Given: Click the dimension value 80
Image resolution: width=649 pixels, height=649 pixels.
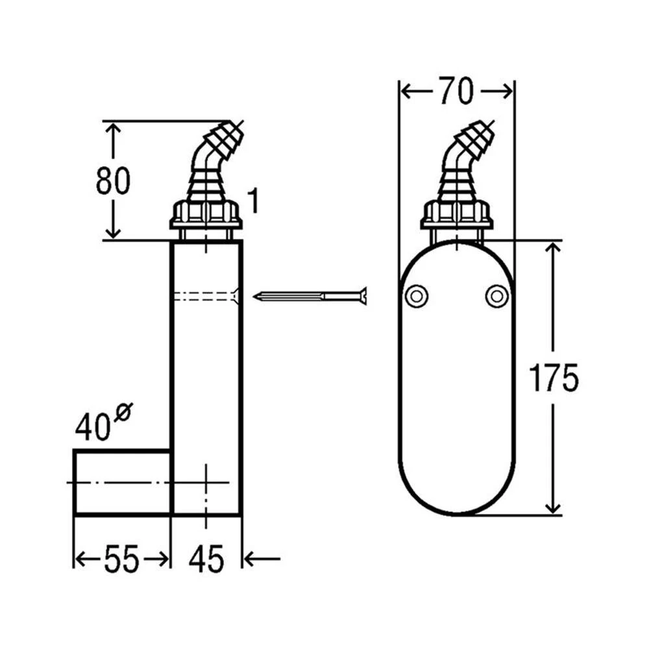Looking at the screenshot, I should pyautogui.click(x=113, y=181).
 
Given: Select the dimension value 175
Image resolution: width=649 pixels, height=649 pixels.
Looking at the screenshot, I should pyautogui.click(x=553, y=378).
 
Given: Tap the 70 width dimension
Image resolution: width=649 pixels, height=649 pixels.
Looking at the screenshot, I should pyautogui.click(x=455, y=92).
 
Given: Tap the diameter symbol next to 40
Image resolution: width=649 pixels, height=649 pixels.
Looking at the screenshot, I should pyautogui.click(x=123, y=413).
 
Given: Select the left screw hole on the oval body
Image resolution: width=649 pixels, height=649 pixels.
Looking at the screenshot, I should pyautogui.click(x=415, y=296).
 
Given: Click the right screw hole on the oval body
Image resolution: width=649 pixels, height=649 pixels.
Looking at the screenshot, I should pyautogui.click(x=496, y=296).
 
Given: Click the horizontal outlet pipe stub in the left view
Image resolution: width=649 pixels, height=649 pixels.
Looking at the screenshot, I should pyautogui.click(x=122, y=482).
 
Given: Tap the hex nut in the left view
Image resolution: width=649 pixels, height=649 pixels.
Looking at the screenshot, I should pyautogui.click(x=206, y=214).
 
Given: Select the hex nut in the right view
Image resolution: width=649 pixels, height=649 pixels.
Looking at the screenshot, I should pyautogui.click(x=456, y=214).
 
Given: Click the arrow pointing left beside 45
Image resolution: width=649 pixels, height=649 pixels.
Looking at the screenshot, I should pyautogui.click(x=263, y=558).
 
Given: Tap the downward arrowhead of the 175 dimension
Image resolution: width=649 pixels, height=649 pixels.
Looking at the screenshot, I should pyautogui.click(x=553, y=506).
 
